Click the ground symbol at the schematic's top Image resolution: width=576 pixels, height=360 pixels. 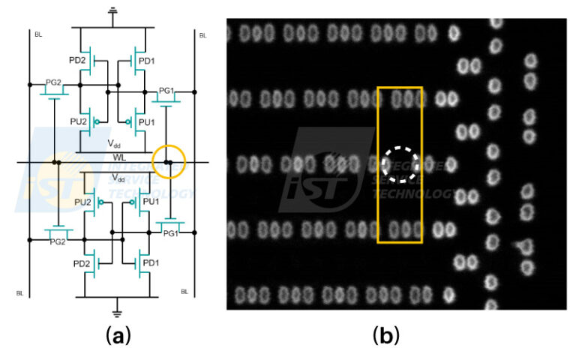(x=113, y=11)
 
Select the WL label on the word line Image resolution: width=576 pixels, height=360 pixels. (x=119, y=155)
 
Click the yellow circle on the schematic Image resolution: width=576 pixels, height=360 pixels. (x=169, y=161)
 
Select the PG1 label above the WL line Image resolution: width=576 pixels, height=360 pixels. (x=166, y=91)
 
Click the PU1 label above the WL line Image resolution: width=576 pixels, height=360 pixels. (x=146, y=121)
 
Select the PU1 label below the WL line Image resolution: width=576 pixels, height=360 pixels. (x=151, y=202)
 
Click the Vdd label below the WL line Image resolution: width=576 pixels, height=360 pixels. (x=118, y=178)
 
